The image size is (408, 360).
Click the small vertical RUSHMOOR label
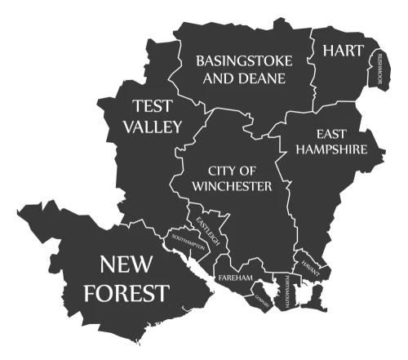point(379,69)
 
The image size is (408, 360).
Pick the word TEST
point(153,106)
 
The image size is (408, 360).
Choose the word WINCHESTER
point(232,186)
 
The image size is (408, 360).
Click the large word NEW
point(133,264)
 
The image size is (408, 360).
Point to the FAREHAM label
point(236,278)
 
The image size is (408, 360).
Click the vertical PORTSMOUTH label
point(287,291)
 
